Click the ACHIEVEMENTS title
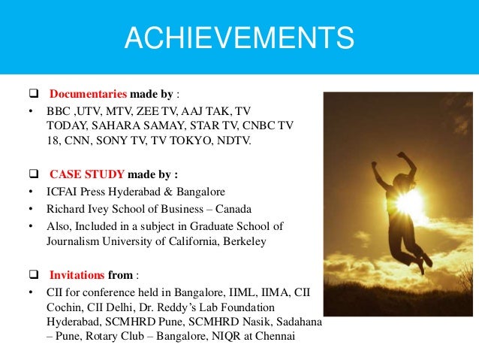point(239,38)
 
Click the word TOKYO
point(209,141)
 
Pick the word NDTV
point(252,141)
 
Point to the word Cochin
point(65,307)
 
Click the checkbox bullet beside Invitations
point(32,274)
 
